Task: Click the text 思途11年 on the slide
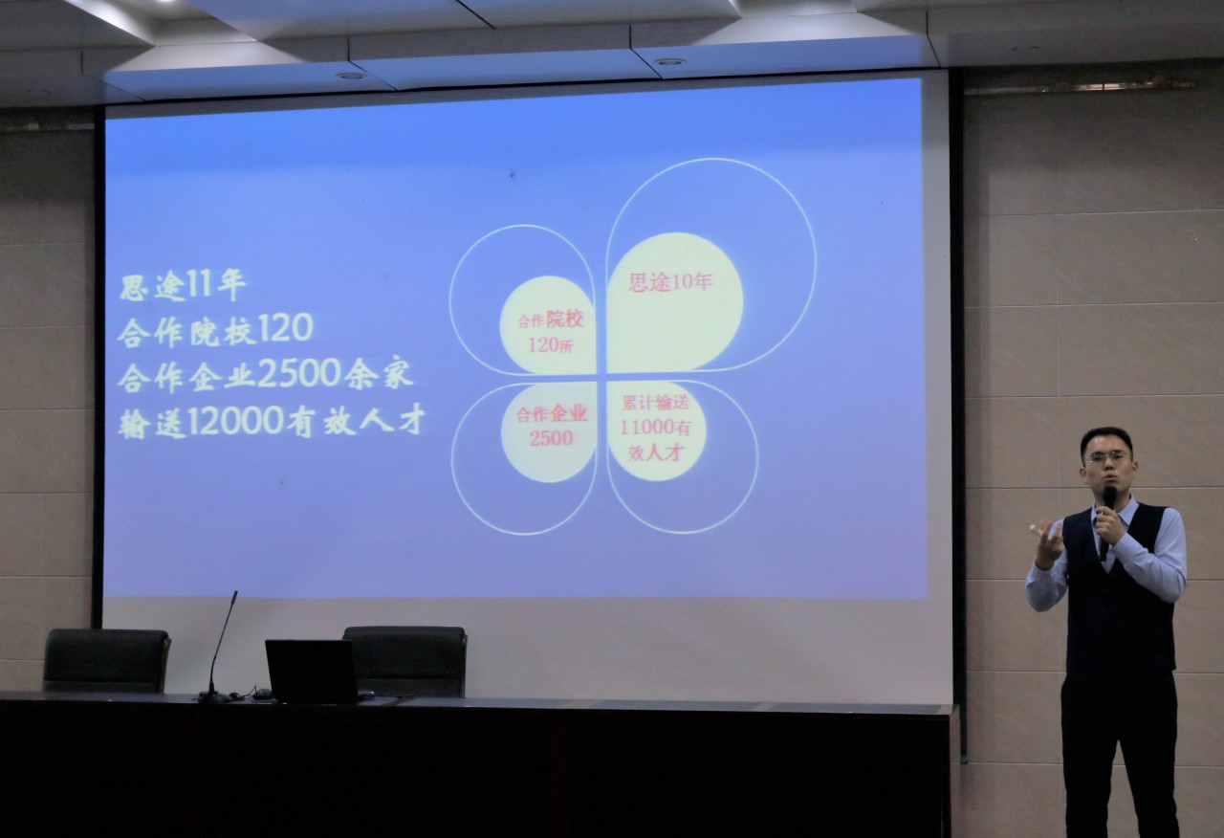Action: point(183,286)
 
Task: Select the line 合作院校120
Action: point(215,330)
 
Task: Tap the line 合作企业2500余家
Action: point(266,376)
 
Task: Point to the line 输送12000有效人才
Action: point(272,422)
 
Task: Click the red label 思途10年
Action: point(670,282)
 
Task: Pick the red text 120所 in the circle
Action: point(551,345)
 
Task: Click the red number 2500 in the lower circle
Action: point(551,438)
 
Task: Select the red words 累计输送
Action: point(656,403)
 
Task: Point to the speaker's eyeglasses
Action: point(1108,457)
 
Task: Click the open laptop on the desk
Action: point(313,671)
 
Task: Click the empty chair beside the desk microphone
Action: point(106,660)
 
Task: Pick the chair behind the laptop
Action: point(405,660)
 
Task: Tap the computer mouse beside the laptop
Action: point(262,694)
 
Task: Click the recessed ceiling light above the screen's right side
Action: point(668,62)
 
